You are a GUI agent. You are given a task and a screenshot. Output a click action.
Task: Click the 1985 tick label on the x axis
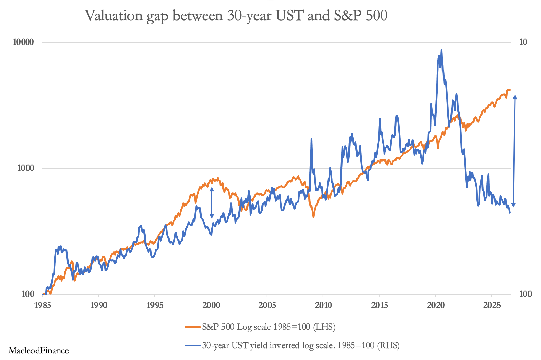pos(42,305)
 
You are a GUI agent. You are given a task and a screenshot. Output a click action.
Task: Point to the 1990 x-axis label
pos(99,305)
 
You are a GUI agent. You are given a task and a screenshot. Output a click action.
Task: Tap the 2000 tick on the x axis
pos(211,305)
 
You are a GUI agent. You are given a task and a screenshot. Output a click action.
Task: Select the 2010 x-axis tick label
pos(323,305)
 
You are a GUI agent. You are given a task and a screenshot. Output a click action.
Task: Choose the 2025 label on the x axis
pos(492,305)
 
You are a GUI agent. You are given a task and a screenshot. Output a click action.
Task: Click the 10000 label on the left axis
pos(23,42)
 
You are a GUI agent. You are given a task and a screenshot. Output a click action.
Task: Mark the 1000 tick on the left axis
pos(26,168)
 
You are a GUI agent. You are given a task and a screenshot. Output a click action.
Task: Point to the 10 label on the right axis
pos(523,42)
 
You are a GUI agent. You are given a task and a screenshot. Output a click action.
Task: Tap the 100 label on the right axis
pos(525,294)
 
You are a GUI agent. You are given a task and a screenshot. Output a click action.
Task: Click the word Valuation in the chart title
pos(114,16)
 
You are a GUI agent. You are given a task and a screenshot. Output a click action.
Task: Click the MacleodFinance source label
pos(39,351)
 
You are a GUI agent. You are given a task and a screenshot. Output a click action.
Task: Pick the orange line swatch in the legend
pos(193,327)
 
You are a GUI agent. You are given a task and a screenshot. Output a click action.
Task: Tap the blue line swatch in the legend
pos(193,345)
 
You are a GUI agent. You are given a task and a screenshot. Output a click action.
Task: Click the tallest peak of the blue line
pos(441,50)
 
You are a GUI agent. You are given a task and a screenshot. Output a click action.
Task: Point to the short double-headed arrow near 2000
pos(212,203)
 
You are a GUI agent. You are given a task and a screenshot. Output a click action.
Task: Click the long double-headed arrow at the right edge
pos(514,151)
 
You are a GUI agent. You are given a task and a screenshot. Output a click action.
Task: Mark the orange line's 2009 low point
pos(313,217)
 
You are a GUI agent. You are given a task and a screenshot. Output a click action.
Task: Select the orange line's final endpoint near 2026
pos(510,90)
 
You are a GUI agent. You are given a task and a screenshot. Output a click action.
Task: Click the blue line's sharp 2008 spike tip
pos(311,139)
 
